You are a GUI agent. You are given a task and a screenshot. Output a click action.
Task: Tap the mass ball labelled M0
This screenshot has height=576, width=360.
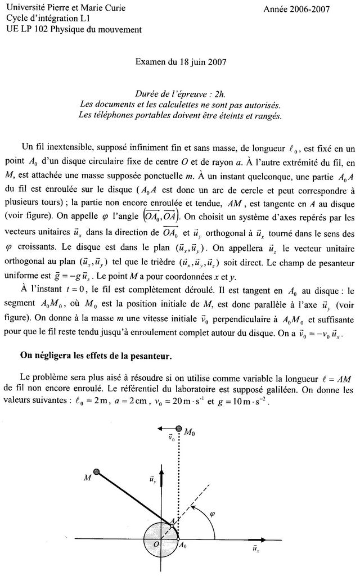(x=179, y=430)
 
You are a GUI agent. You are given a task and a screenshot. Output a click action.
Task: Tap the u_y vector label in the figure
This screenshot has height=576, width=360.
(x=153, y=479)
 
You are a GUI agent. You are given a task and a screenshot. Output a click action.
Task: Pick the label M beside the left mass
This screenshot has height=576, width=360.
(x=87, y=478)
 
